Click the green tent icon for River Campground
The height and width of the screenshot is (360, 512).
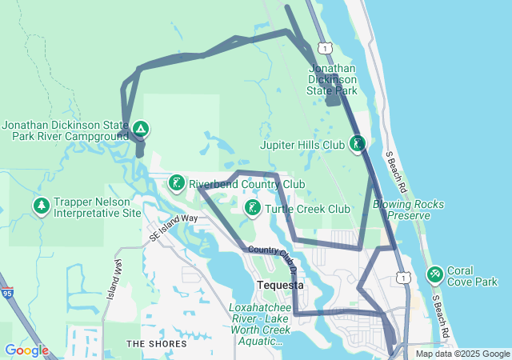click(140, 128)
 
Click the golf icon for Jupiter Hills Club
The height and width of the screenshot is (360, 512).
click(358, 144)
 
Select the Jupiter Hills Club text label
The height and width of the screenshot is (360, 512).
click(302, 145)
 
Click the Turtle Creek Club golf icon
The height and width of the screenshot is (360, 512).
click(252, 209)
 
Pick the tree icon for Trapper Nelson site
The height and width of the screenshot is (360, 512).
click(41, 206)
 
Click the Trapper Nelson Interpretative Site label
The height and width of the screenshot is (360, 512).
click(98, 208)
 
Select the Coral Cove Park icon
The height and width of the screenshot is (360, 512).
click(434, 275)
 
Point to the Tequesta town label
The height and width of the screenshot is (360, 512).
click(279, 286)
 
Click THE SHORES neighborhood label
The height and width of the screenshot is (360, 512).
click(156, 344)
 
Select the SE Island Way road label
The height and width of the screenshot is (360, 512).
click(173, 228)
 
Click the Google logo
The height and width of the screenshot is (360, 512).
click(26, 350)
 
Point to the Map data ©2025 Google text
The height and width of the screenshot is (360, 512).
click(462, 354)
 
